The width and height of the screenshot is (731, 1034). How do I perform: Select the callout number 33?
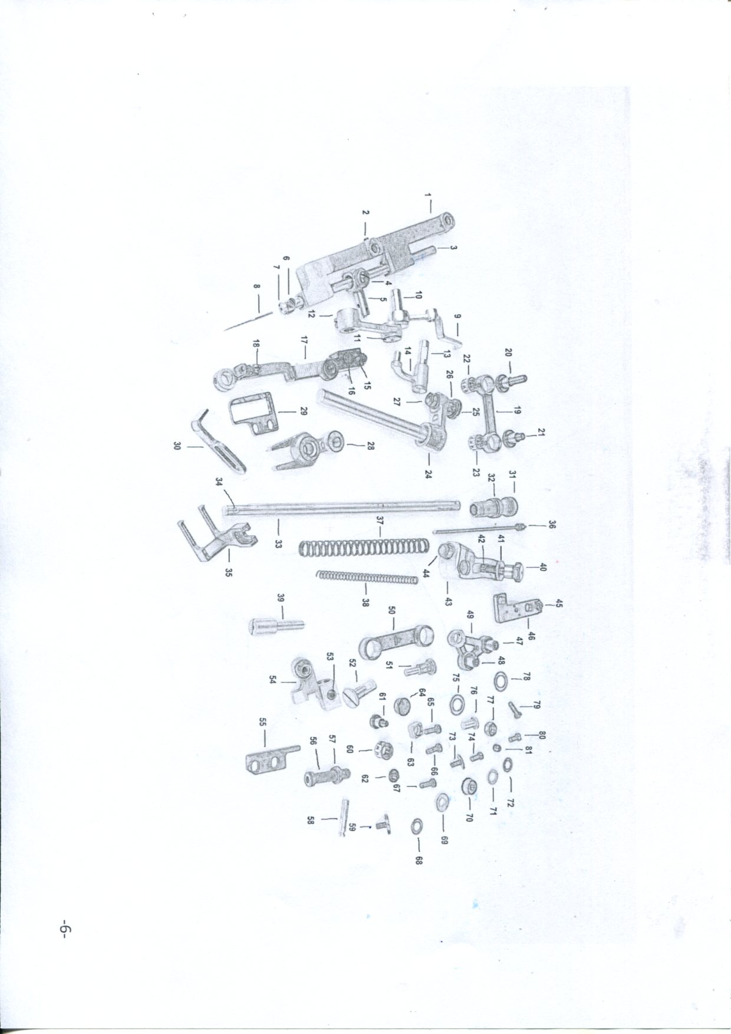(278, 544)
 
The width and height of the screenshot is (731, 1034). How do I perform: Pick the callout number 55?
(263, 722)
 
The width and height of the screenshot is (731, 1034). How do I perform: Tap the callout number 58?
(312, 820)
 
